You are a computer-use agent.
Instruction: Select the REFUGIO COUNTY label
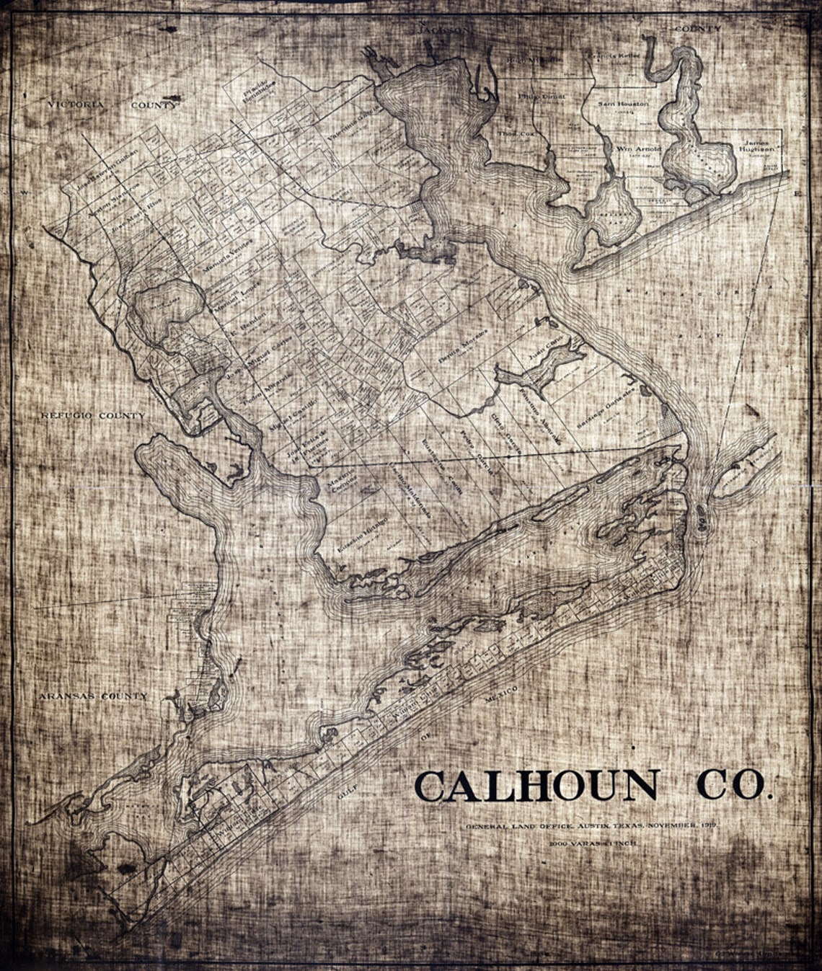pyautogui.click(x=92, y=416)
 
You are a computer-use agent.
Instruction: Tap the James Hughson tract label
pyautogui.click(x=756, y=146)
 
